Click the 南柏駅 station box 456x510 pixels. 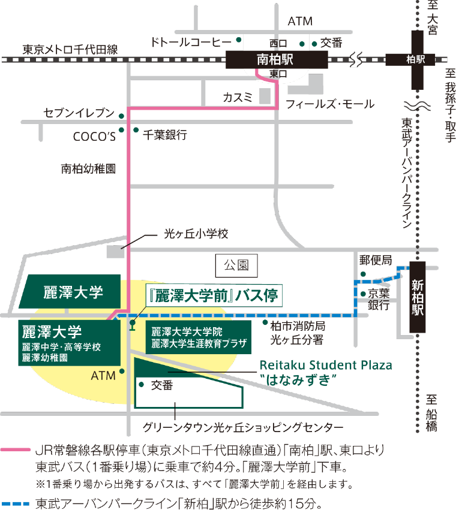tap(277, 59)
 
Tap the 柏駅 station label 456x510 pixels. tap(416, 59)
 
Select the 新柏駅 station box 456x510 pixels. tap(418, 297)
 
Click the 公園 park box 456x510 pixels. tap(236, 265)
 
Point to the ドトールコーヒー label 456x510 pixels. tap(191, 42)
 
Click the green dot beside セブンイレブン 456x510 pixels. tap(121, 116)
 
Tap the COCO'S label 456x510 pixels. tap(94, 136)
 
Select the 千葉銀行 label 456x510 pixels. tap(165, 135)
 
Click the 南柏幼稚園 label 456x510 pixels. tap(88, 169)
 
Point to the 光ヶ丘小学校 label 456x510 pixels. tap(196, 234)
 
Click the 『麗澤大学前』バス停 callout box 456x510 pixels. tap(214, 295)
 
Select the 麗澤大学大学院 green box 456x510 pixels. tap(199, 337)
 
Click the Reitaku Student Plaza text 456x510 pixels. tap(326, 365)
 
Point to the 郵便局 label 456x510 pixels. tap(376, 260)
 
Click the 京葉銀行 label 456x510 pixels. tap(379, 299)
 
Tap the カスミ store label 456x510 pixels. tap(238, 97)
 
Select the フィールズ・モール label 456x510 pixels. tap(330, 104)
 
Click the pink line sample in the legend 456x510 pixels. tap(16, 450)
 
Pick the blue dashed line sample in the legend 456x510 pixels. tap(16, 504)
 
